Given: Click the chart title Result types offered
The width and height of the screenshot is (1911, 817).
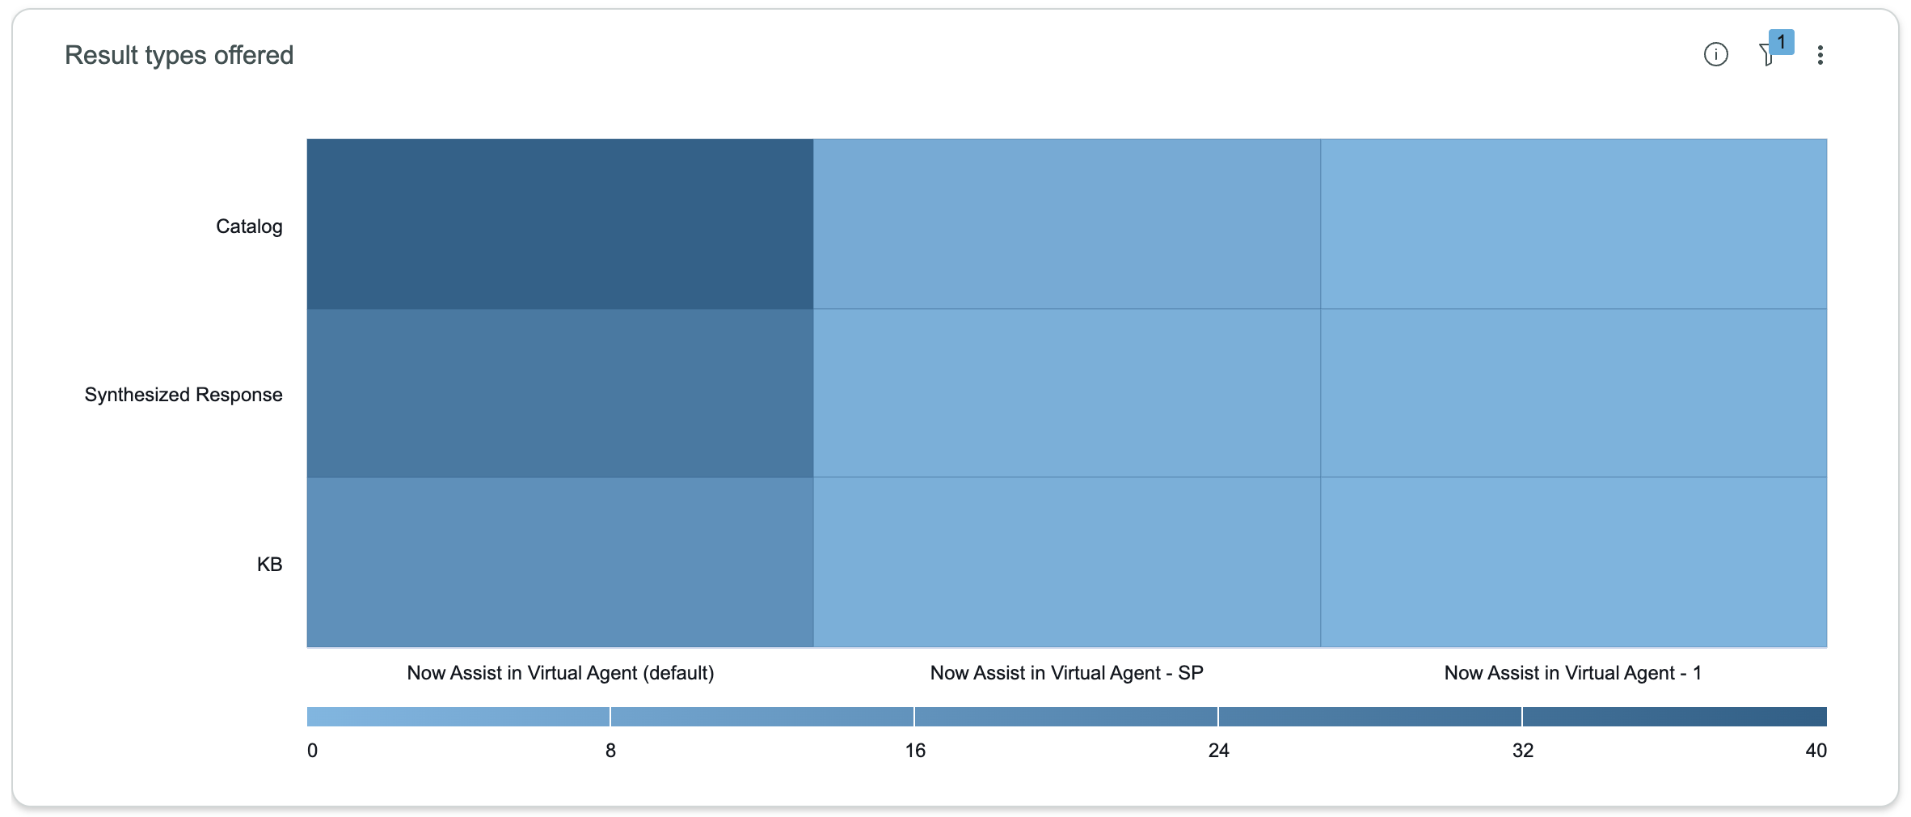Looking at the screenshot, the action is pyautogui.click(x=179, y=55).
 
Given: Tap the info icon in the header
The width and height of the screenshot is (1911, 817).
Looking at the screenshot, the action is pyautogui.click(x=1715, y=54).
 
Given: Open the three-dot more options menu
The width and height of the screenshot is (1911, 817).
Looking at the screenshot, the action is pyautogui.click(x=1820, y=55).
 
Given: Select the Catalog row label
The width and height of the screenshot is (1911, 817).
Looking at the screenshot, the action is pyautogui.click(x=249, y=226).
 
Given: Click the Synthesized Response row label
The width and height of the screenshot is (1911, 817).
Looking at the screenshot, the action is pyautogui.click(x=184, y=395).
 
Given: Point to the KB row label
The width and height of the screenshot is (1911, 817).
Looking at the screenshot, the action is pyautogui.click(x=269, y=565).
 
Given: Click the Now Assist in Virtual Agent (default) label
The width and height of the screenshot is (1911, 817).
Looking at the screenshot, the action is pyautogui.click(x=560, y=673).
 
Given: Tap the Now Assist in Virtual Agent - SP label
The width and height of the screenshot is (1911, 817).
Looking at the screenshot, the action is pyautogui.click(x=1066, y=673).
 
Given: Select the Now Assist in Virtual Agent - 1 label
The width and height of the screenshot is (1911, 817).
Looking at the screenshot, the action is pyautogui.click(x=1572, y=673).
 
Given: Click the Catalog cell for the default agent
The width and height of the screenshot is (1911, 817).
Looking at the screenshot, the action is pyautogui.click(x=560, y=224).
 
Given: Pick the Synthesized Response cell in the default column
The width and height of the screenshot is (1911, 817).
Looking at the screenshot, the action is pyautogui.click(x=560, y=393).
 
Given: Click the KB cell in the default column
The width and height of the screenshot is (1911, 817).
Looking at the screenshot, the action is pyautogui.click(x=560, y=562).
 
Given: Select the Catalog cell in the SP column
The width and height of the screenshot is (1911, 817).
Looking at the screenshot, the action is pyautogui.click(x=1067, y=224).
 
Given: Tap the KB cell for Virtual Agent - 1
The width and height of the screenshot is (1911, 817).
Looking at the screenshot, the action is pyautogui.click(x=1574, y=562).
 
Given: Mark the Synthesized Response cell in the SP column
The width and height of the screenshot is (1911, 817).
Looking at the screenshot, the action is pyautogui.click(x=1067, y=393).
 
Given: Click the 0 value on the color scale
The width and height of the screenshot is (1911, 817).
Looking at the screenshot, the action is pyautogui.click(x=313, y=751).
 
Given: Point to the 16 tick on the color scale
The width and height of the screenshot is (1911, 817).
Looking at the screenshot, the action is pyautogui.click(x=915, y=751).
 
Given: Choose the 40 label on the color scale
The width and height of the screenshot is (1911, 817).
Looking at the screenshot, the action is pyautogui.click(x=1816, y=751).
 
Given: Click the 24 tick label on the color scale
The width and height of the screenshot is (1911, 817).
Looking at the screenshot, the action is pyautogui.click(x=1218, y=751).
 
